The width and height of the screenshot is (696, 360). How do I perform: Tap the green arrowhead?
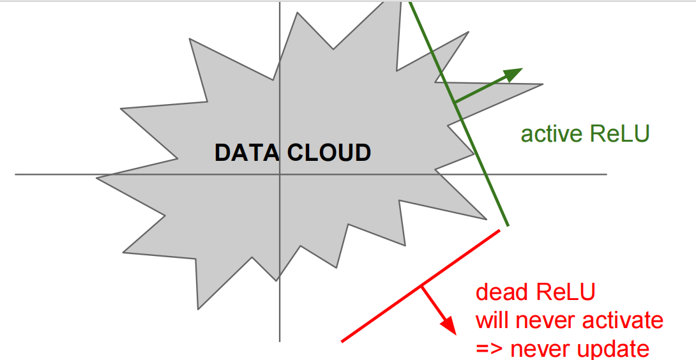coord(515,73)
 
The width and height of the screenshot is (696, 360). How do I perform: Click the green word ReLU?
coord(619,134)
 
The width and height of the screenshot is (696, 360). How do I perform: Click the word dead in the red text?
coord(501,293)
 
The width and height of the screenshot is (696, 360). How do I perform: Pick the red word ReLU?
coord(564,293)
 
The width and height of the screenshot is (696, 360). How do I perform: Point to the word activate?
coord(624,320)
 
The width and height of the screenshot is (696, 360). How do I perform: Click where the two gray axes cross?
coord(280,174)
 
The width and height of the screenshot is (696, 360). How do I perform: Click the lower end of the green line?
coord(508,225)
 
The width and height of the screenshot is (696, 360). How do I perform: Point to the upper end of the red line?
coord(499,230)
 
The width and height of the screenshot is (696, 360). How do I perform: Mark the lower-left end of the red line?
coord(342,341)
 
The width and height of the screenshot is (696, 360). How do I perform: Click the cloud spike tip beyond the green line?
coord(543,84)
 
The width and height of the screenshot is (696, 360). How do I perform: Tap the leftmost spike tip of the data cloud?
coord(97,177)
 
